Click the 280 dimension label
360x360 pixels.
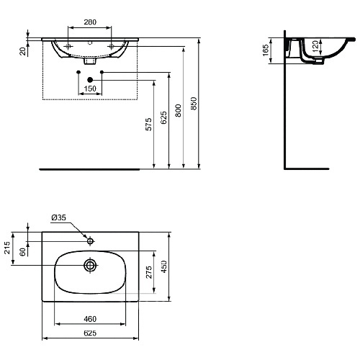click(90, 22)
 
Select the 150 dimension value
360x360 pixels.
click(90, 89)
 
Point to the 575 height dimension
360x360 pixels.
click(149, 124)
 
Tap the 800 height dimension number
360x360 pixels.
click(178, 110)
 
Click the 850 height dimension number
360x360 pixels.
click(194, 104)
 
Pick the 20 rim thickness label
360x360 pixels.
click(22, 51)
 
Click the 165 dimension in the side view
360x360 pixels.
click(266, 50)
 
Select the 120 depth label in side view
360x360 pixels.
click(316, 46)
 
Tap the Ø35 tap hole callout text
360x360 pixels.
click(58, 217)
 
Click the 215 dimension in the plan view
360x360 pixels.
click(7, 248)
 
